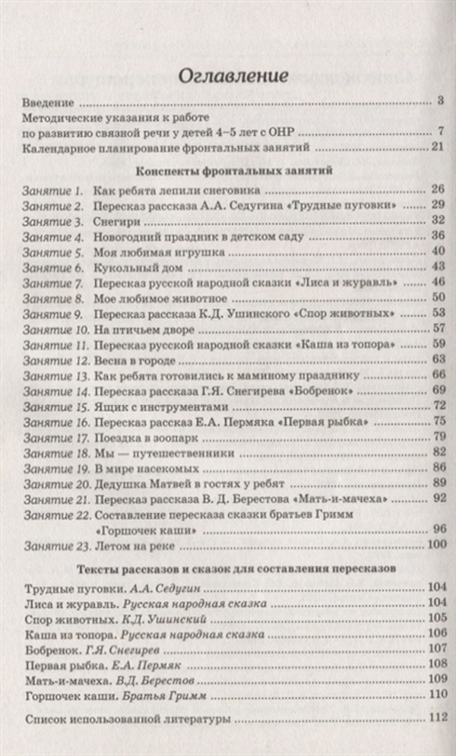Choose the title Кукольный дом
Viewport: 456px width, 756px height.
pos(128,267)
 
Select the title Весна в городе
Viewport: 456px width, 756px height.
pos(131,359)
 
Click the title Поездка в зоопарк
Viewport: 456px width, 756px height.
pos(144,436)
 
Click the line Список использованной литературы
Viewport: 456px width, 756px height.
pos(126,719)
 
